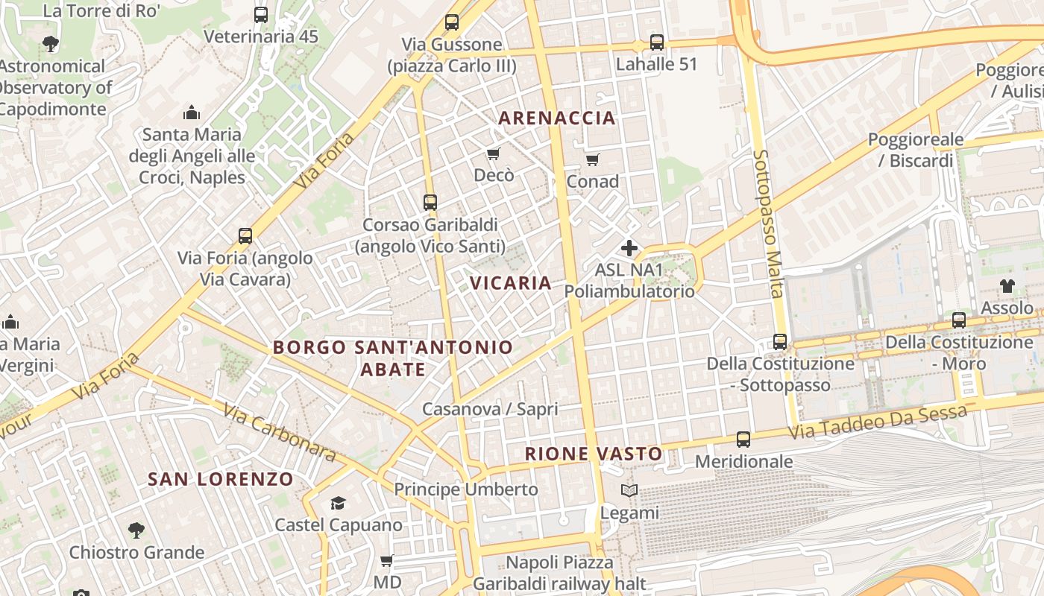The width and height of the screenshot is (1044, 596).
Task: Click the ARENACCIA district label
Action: (x=557, y=118)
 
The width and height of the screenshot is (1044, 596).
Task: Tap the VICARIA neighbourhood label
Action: (x=511, y=283)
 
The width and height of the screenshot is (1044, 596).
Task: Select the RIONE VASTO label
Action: (x=594, y=454)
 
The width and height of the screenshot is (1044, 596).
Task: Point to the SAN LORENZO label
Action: (x=221, y=479)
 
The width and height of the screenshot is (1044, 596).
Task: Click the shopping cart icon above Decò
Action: (x=493, y=154)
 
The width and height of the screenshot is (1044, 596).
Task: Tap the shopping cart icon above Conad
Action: (x=593, y=159)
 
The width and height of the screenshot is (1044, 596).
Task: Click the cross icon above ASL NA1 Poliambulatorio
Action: (x=629, y=248)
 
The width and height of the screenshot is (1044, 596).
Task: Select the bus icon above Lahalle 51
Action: (x=657, y=42)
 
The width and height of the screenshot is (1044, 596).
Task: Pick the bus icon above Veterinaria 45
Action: (x=261, y=15)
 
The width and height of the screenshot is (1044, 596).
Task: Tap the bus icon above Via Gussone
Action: (x=452, y=22)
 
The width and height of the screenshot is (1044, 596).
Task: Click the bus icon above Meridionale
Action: (x=743, y=440)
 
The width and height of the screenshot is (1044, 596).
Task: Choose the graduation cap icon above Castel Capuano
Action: (x=339, y=503)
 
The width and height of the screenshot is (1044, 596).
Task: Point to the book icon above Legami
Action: (x=630, y=491)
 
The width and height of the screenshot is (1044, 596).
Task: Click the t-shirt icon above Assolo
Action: (x=1007, y=285)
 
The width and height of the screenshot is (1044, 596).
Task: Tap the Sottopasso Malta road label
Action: (x=767, y=223)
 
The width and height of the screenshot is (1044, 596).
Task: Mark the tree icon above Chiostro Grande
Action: (x=136, y=530)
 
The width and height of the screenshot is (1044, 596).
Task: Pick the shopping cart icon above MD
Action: (x=387, y=560)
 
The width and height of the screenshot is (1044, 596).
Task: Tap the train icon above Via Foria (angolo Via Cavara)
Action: (x=245, y=236)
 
